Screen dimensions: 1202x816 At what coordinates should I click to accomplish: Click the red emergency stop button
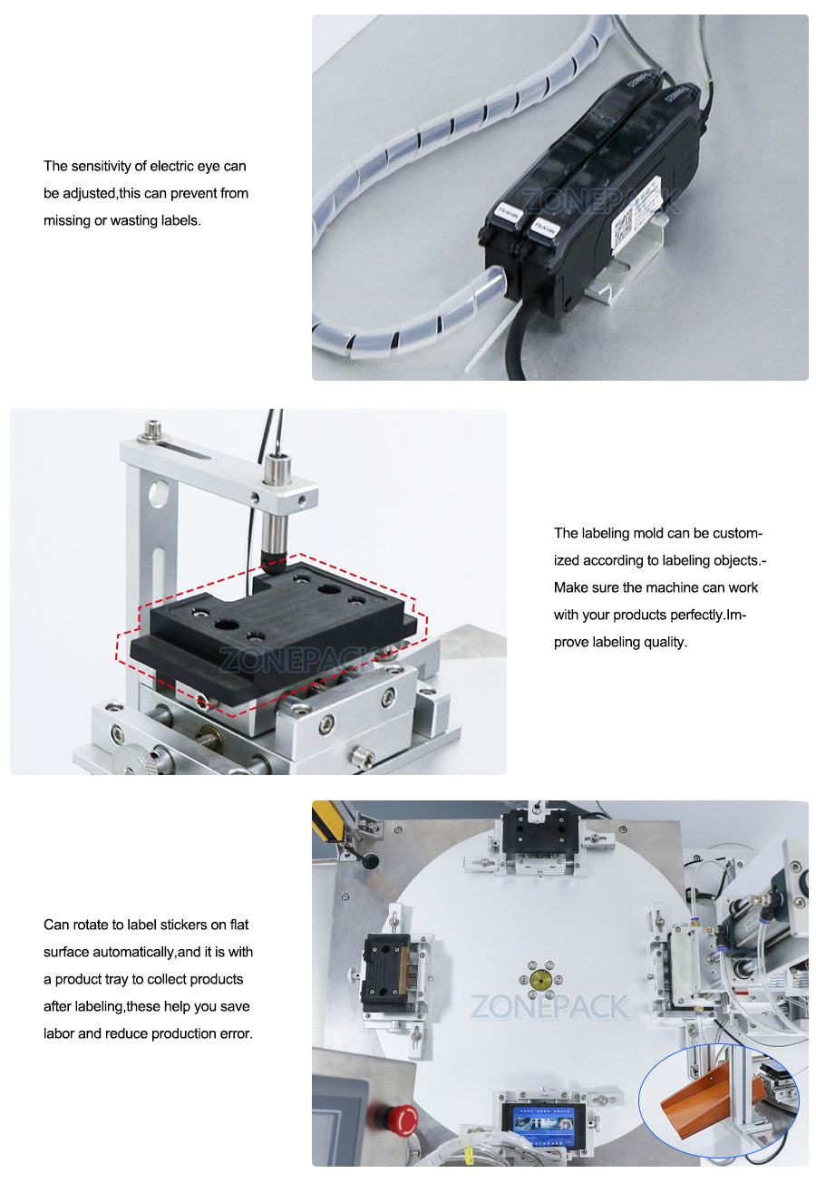tap(402, 1120)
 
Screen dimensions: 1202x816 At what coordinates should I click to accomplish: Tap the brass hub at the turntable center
tap(542, 979)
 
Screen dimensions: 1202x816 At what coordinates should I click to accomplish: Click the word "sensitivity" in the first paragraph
tap(101, 166)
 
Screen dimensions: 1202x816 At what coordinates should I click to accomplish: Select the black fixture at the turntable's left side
tap(386, 973)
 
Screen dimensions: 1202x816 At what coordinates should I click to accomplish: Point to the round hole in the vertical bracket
tap(160, 495)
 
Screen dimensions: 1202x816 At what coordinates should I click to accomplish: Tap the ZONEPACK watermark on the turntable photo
tap(549, 1006)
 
